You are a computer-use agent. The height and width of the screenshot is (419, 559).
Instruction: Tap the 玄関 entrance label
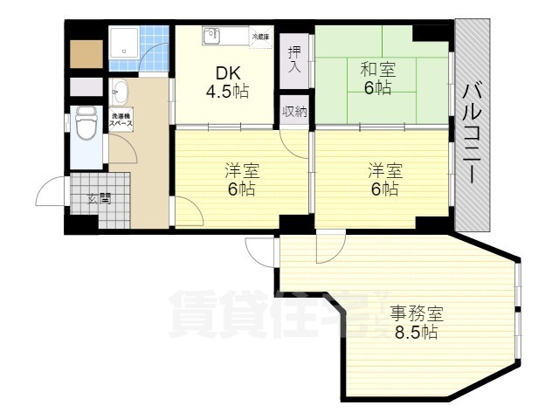point(99,197)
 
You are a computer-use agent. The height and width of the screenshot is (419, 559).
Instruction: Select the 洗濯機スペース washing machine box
point(121,120)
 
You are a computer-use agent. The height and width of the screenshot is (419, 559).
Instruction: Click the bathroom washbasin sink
point(121,91)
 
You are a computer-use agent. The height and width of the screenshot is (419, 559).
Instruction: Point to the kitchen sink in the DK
point(212,36)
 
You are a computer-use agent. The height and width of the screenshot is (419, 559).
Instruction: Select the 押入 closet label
point(295,59)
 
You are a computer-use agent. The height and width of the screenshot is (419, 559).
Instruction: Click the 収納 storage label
point(295,111)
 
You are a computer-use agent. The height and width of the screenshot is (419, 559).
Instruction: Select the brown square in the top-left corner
point(86,55)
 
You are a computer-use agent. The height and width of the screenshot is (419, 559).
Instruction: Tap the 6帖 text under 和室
point(377,87)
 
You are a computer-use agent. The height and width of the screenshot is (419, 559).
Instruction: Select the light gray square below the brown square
point(86,88)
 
